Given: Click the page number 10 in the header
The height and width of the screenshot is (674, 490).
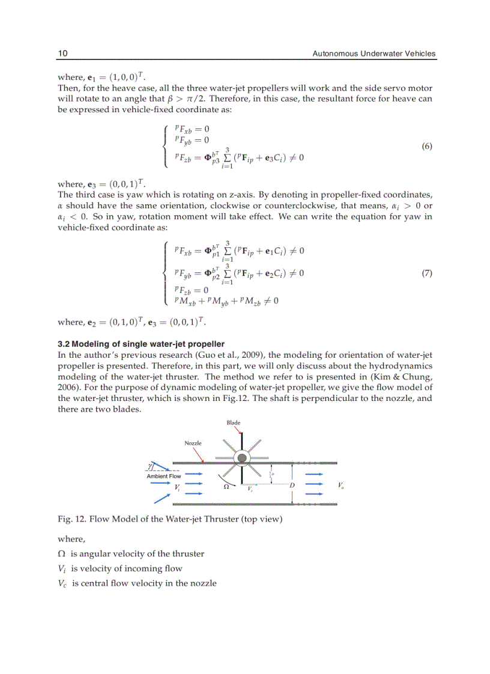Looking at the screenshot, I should click(62, 54).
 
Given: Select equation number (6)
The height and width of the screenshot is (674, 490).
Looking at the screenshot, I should click(427, 146).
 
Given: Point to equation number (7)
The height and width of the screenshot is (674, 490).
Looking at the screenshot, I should click(427, 274).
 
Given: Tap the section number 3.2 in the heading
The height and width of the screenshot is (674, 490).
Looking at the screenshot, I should click(64, 344).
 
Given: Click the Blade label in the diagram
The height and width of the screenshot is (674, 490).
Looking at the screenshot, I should click(234, 423).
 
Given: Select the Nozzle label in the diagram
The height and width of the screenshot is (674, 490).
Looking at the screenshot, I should click(193, 443).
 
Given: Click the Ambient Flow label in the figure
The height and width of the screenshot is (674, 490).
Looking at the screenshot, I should click(164, 476).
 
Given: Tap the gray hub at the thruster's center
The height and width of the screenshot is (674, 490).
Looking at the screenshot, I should click(241, 459).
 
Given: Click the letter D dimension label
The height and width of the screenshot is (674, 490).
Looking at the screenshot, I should click(292, 485).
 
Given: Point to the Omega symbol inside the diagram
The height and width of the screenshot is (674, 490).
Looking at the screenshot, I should click(226, 487).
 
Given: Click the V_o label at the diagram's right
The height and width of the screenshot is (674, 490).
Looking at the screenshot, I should click(340, 485).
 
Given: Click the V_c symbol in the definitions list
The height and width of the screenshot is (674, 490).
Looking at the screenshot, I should click(63, 583).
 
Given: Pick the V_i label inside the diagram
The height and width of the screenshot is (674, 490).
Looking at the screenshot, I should click(177, 488).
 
